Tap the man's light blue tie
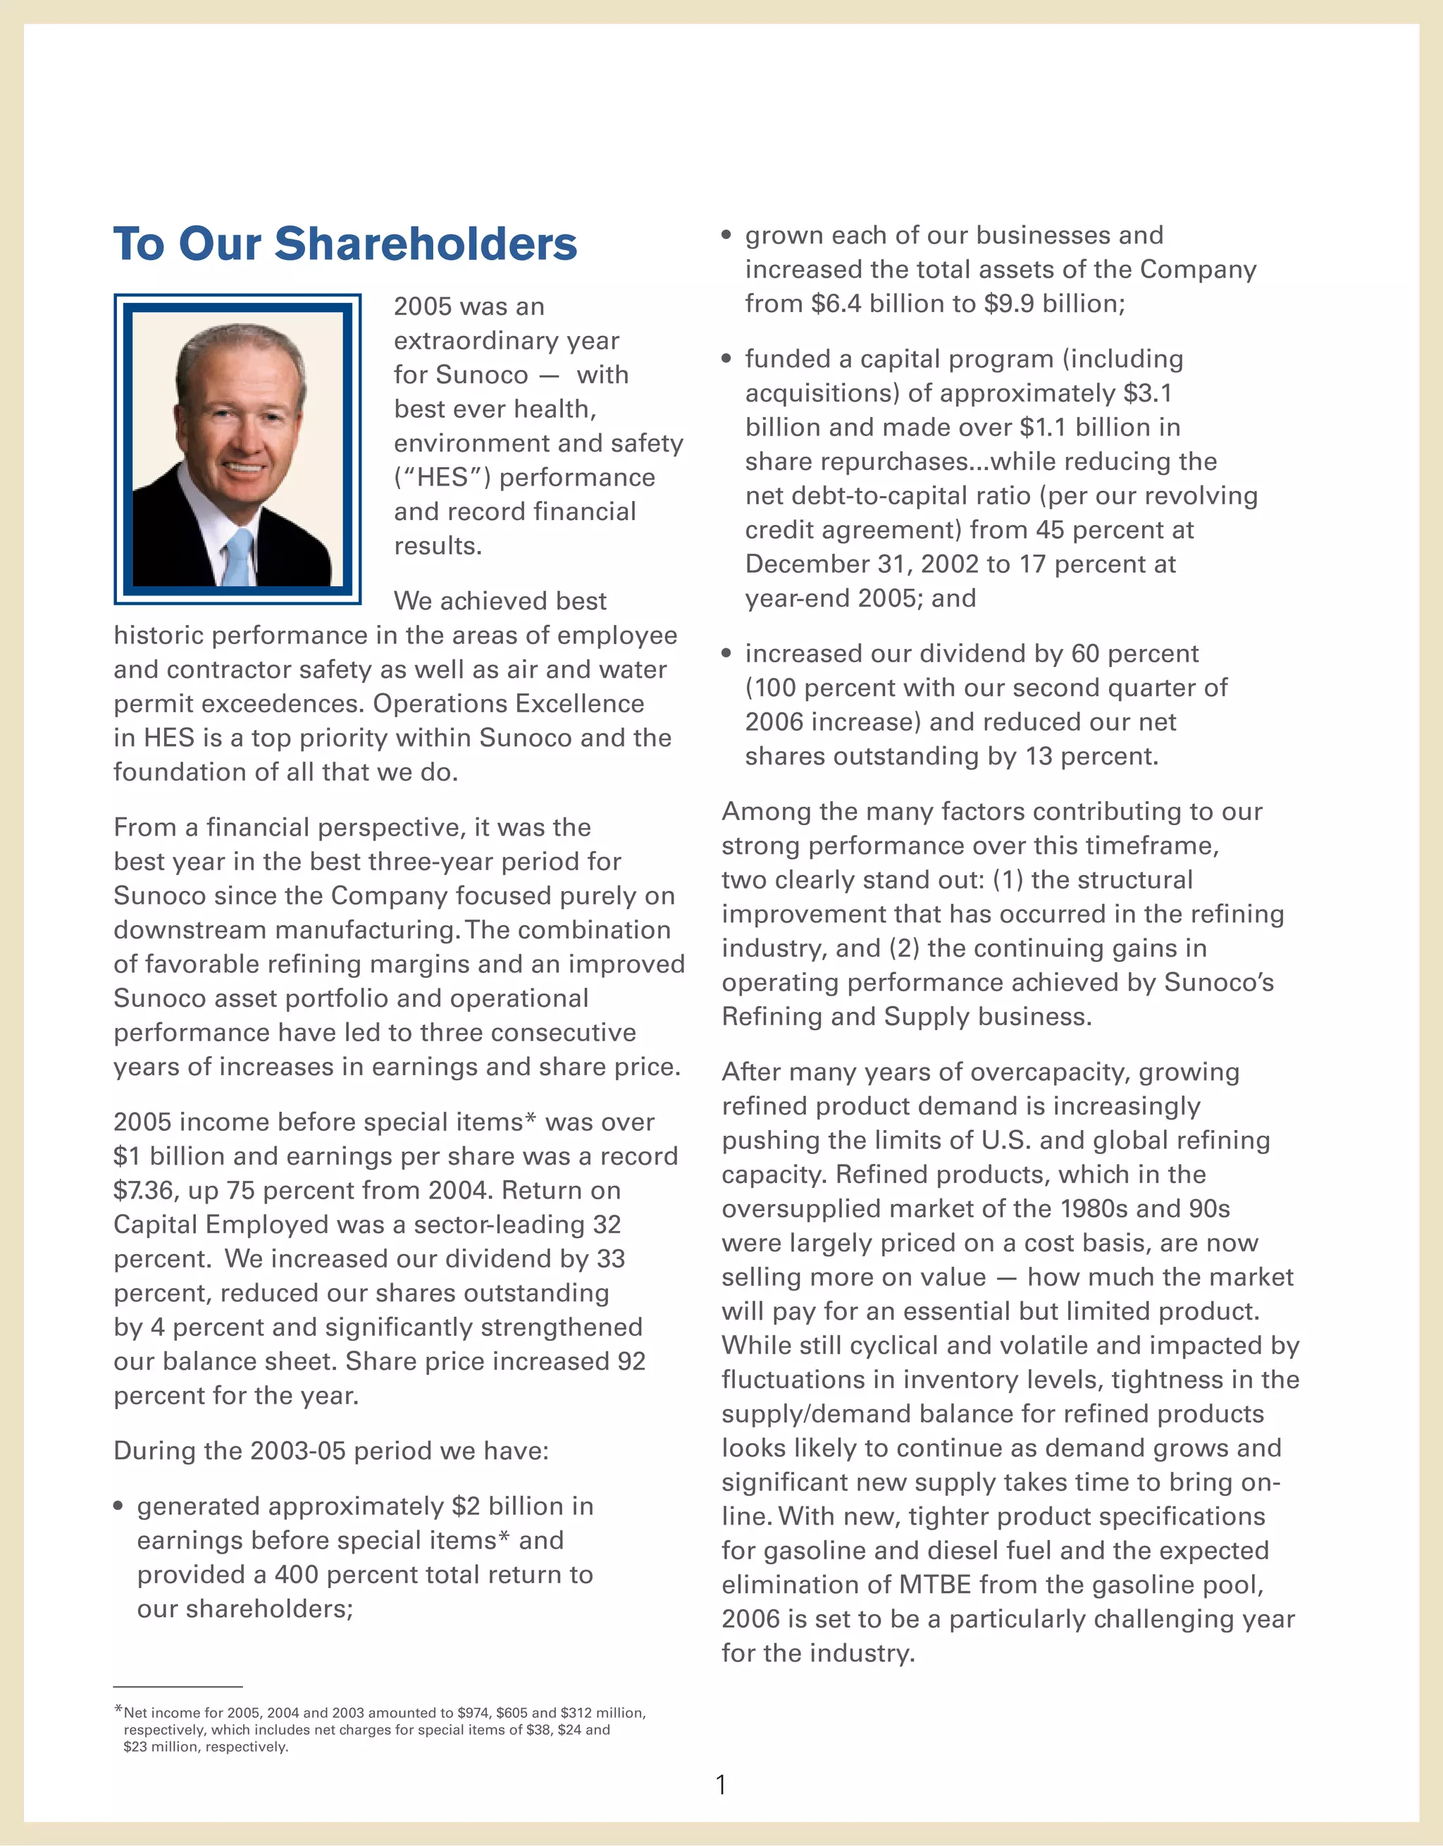point(240,557)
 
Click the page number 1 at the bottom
point(721,1784)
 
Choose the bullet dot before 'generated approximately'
point(118,1507)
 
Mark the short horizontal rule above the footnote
point(178,1687)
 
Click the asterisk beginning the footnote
point(118,1710)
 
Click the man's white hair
point(241,347)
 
